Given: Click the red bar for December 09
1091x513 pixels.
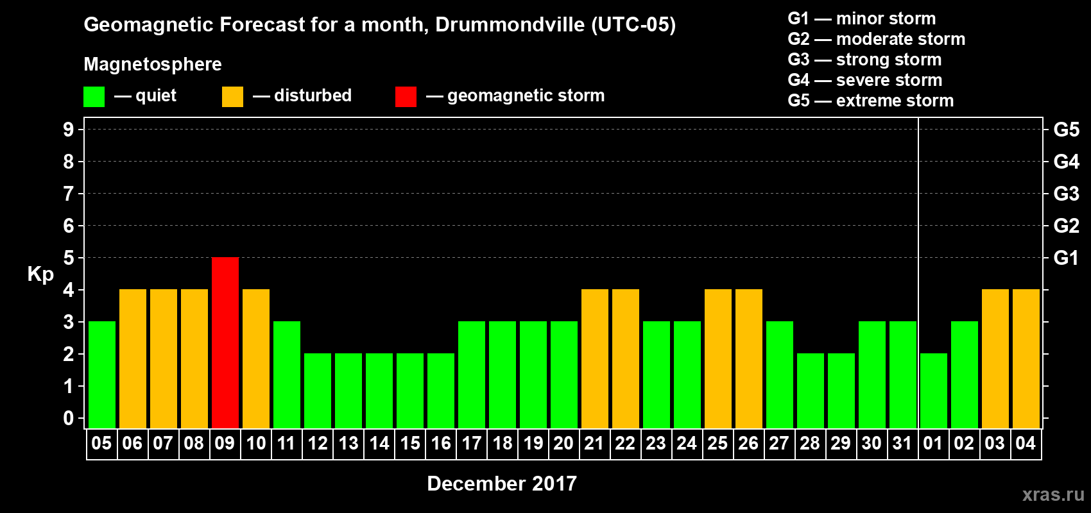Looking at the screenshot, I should [x=225, y=342].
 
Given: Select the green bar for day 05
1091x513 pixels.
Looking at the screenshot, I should [x=102, y=374].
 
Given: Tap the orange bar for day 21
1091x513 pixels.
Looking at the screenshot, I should [x=595, y=358].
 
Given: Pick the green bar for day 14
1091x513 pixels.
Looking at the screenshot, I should [x=379, y=391].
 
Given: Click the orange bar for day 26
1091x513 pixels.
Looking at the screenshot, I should [x=749, y=358].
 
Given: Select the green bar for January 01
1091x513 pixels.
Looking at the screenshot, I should [x=934, y=391].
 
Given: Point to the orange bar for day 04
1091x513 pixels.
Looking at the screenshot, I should [x=1026, y=358].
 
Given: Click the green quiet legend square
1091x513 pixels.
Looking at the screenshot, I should [x=94, y=97].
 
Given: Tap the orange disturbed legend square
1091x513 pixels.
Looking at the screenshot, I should [x=232, y=97].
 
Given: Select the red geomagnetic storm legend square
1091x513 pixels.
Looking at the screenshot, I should [x=406, y=97].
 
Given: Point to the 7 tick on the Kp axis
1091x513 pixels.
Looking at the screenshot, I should [x=69, y=194].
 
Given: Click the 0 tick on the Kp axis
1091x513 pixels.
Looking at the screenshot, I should [x=69, y=418].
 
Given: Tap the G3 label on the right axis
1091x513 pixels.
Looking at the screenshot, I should [x=1066, y=194].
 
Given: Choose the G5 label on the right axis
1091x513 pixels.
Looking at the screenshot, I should [x=1066, y=130].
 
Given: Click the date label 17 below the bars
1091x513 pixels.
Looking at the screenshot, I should [x=472, y=443].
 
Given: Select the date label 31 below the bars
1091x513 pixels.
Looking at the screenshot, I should [x=902, y=443].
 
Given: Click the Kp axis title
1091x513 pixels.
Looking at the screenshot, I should [x=40, y=274].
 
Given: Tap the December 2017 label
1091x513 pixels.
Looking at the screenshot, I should [x=502, y=484].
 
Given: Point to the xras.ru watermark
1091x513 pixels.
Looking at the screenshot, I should [x=1053, y=494].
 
